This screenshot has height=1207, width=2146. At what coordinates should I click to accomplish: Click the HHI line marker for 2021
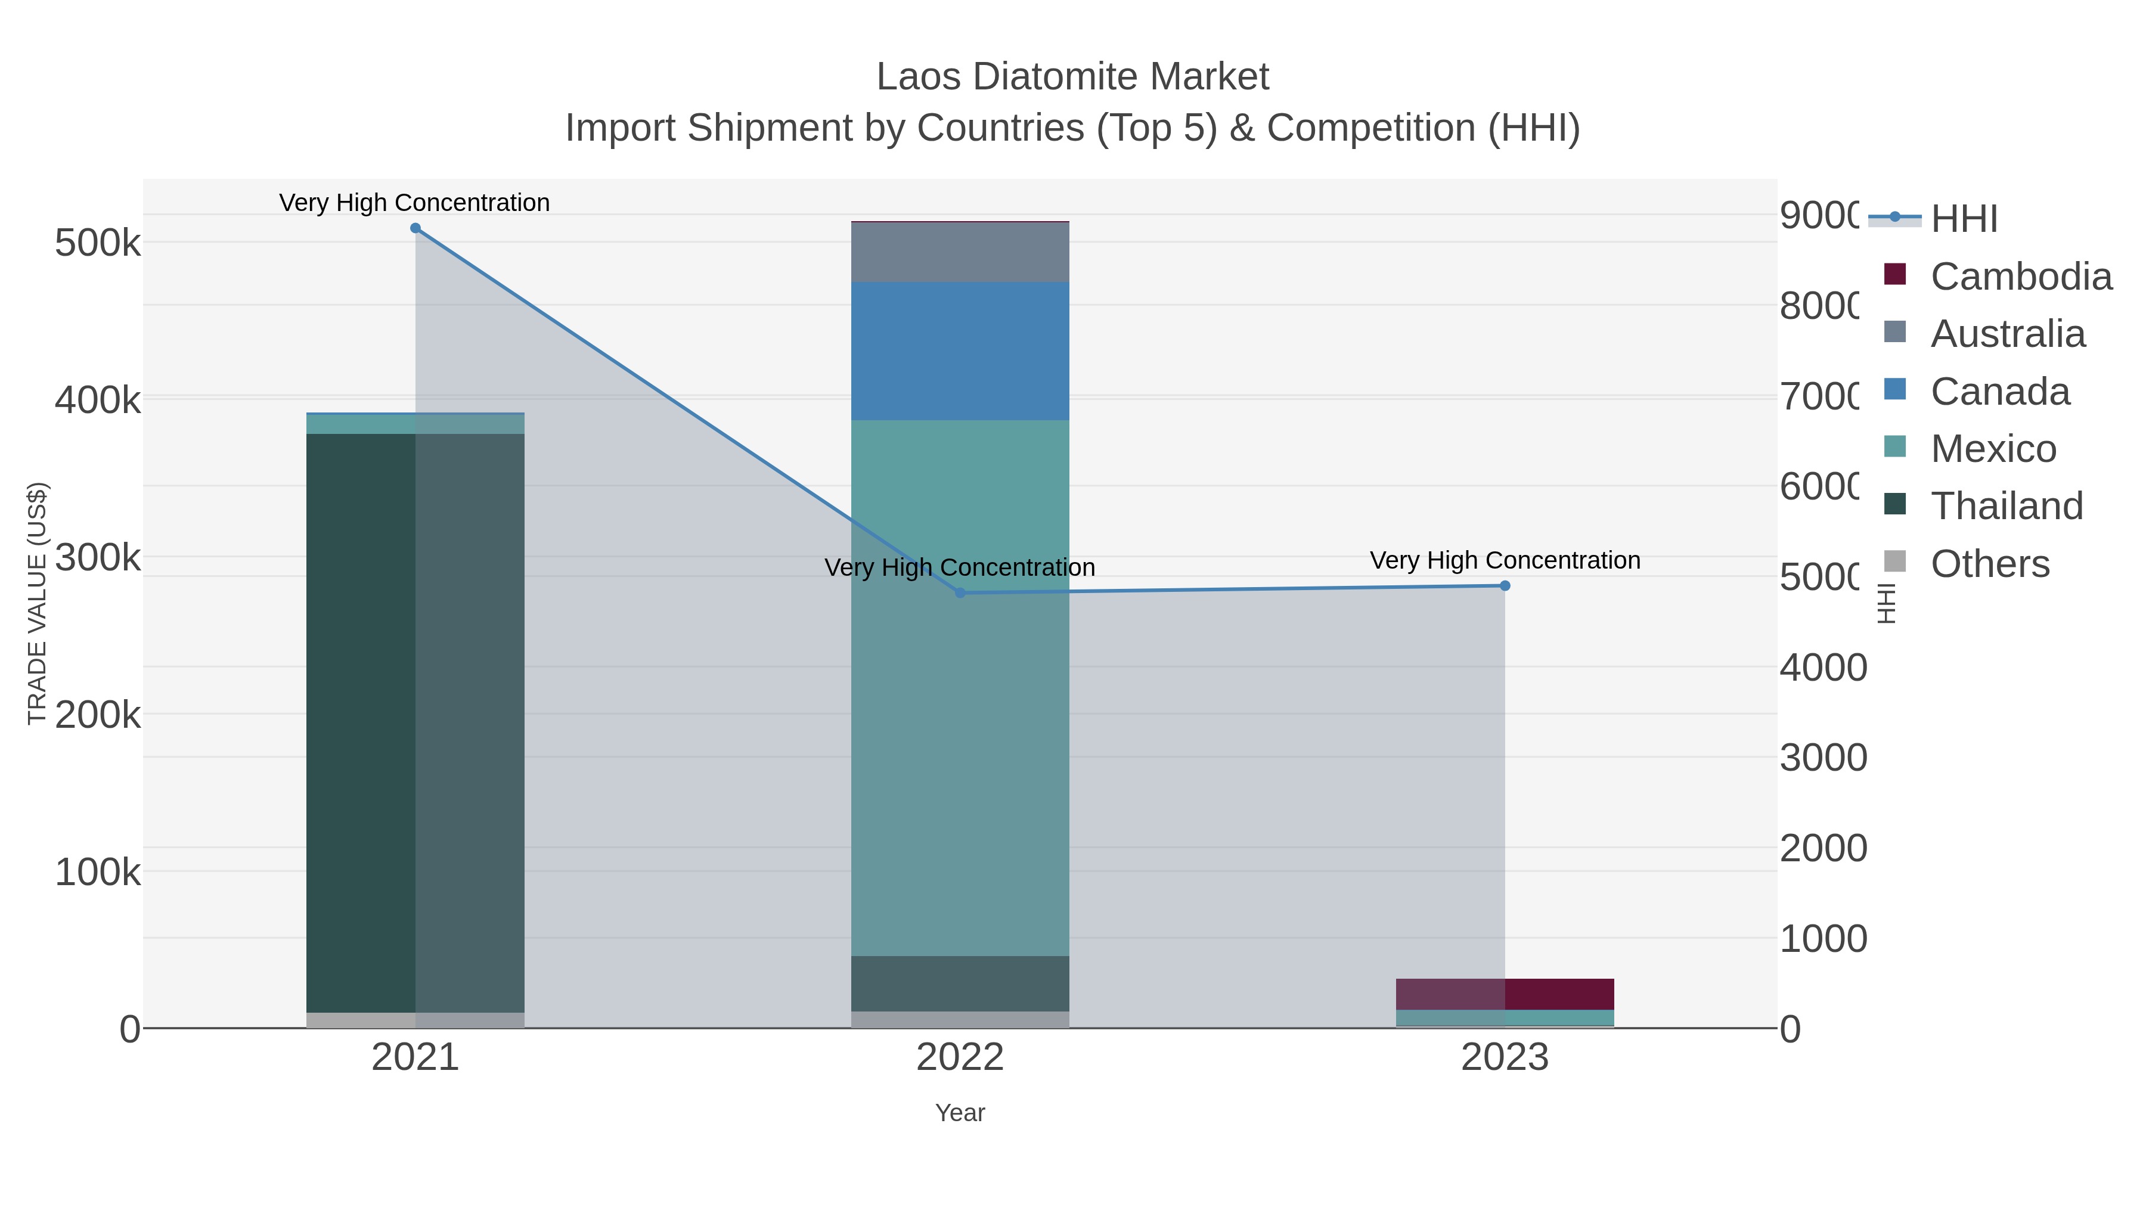pyautogui.click(x=415, y=228)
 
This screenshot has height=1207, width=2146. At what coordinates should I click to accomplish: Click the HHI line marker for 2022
pyautogui.click(x=960, y=593)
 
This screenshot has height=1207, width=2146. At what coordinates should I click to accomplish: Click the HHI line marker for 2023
pyautogui.click(x=1505, y=585)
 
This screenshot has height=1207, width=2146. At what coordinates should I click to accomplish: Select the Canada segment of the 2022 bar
pyautogui.click(x=960, y=350)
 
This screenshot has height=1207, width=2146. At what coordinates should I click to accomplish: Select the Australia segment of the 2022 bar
pyautogui.click(x=960, y=252)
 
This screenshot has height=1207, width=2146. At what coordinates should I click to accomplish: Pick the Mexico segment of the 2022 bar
pyautogui.click(x=960, y=687)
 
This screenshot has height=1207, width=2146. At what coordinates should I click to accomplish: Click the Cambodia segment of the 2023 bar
pyautogui.click(x=1505, y=994)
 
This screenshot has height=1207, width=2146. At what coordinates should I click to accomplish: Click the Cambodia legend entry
pyautogui.click(x=2020, y=277)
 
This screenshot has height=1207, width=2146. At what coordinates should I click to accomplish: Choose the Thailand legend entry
pyautogui.click(x=2006, y=507)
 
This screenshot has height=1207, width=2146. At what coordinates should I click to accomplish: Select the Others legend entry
pyautogui.click(x=1989, y=564)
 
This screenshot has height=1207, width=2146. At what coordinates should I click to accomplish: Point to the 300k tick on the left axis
pyautogui.click(x=98, y=557)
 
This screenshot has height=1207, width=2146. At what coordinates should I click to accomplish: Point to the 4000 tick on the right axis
pyautogui.click(x=1823, y=668)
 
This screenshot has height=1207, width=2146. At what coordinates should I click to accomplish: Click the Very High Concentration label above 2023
pyautogui.click(x=1505, y=561)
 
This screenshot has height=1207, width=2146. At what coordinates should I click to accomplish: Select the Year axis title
pyautogui.click(x=960, y=1113)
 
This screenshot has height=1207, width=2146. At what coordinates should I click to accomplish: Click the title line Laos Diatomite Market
pyautogui.click(x=1072, y=77)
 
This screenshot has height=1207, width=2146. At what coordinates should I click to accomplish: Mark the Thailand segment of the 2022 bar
pyautogui.click(x=960, y=983)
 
